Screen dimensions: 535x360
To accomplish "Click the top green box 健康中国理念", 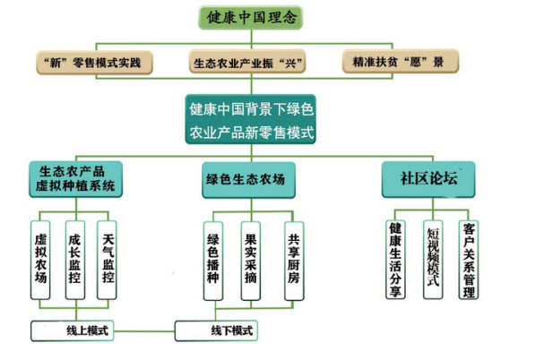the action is click(250, 17).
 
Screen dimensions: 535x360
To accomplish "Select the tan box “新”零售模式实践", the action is click(94, 63).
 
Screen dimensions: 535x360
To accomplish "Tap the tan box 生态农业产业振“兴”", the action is click(247, 62).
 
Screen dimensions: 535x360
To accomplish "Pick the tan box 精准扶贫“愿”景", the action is click(401, 62).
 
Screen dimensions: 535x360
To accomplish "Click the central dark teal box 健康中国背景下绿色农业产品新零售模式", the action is click(251, 119).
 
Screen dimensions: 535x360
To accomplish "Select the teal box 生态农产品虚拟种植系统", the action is click(76, 179).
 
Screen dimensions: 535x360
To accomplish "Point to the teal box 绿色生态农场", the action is click(249, 180).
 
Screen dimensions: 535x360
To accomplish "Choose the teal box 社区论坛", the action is click(428, 179).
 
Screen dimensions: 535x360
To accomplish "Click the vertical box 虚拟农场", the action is click(40, 260).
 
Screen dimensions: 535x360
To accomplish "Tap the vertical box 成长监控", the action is click(75, 260).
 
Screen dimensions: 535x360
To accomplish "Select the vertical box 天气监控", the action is click(107, 260).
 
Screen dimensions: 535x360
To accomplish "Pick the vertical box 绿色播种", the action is click(213, 261).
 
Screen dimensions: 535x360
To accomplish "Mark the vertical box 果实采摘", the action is click(251, 261).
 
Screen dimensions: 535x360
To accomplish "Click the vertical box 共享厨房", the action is click(294, 261).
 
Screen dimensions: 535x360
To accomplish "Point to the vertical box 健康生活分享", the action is click(395, 260).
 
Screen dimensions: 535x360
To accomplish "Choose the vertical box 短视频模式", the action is click(433, 260).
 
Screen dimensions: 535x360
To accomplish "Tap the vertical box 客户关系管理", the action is click(469, 260).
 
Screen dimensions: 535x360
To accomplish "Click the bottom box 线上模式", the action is click(73, 330).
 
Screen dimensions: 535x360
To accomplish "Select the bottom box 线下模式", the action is click(216, 330).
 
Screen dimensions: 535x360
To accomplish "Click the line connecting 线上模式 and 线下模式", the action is click(144, 331).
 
